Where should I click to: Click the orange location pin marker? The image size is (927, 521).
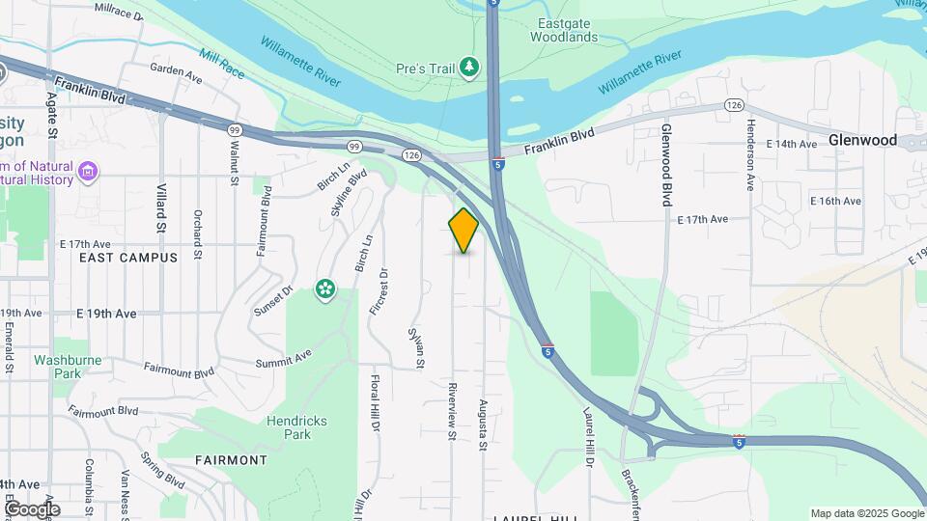463,230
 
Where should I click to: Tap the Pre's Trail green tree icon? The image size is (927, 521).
469,67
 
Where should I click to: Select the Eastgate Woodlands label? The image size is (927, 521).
563,30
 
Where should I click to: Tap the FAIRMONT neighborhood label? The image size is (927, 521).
231,460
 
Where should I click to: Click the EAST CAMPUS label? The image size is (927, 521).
128,258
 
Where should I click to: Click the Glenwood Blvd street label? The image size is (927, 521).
665,165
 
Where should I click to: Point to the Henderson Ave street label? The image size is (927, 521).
749,155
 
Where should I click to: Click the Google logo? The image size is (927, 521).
32,509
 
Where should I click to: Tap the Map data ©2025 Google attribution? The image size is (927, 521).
866,513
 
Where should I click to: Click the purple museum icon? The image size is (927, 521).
89,173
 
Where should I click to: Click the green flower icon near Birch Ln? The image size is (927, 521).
325,288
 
